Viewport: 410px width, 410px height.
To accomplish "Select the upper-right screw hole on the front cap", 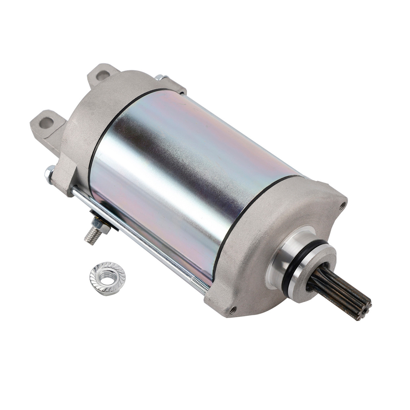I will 344,203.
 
